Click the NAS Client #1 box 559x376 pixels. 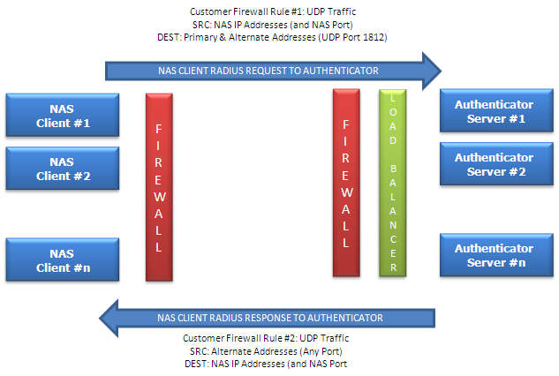pos(63,115)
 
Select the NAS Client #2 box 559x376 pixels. pos(63,169)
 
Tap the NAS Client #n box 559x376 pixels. pos(63,259)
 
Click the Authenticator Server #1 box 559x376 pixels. pos(496,110)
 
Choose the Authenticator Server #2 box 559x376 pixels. pos(496,164)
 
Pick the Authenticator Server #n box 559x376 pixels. pos(496,255)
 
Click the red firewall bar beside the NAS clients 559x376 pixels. pos(159,187)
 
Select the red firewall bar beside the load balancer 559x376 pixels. pos(346,183)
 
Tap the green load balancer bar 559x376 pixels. pos(392,183)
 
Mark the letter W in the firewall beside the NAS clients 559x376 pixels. pos(159,197)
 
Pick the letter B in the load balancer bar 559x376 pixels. pos(393,169)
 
